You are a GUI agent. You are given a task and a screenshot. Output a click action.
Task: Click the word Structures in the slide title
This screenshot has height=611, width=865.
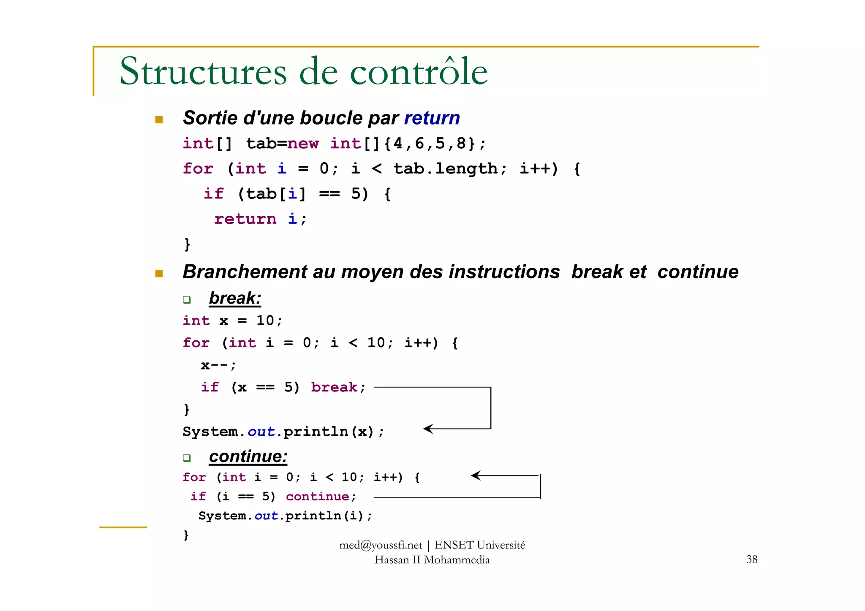[x=203, y=71]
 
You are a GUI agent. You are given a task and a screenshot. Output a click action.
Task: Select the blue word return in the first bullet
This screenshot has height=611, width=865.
[x=432, y=118]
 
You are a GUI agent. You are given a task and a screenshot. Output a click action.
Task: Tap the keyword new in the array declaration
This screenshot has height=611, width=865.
[x=303, y=144]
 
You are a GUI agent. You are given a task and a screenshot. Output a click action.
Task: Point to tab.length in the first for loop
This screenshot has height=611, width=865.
[x=446, y=168]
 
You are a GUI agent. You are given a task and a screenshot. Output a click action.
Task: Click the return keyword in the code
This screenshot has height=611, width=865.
[x=245, y=219]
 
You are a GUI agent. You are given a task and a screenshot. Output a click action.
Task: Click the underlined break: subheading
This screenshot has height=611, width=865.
[x=235, y=298]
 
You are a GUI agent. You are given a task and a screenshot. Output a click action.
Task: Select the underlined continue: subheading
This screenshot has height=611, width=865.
[x=248, y=456]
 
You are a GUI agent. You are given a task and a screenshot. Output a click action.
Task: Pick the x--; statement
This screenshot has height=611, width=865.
[x=218, y=365]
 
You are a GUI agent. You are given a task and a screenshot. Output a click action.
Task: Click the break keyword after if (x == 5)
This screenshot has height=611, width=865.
[x=334, y=387]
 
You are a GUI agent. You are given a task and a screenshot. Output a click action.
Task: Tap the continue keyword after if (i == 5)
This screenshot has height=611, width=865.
[x=317, y=497]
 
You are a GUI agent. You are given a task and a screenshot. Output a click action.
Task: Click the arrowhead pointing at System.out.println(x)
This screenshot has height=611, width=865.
[x=428, y=429]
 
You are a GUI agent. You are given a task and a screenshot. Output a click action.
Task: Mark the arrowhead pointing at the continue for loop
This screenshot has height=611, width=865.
[x=476, y=475]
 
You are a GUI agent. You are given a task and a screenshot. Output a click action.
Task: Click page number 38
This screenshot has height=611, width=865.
[x=751, y=559]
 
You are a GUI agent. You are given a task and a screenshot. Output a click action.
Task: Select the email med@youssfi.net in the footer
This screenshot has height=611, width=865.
[x=381, y=545]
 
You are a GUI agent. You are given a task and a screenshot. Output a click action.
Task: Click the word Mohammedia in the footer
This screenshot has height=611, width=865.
[x=457, y=560]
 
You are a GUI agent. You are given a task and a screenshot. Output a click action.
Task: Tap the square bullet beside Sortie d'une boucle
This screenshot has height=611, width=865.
[x=159, y=119]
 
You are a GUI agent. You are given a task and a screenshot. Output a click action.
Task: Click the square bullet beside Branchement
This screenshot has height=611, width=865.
[x=159, y=274]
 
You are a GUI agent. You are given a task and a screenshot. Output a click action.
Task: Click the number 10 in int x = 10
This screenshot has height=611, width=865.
[x=265, y=320]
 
